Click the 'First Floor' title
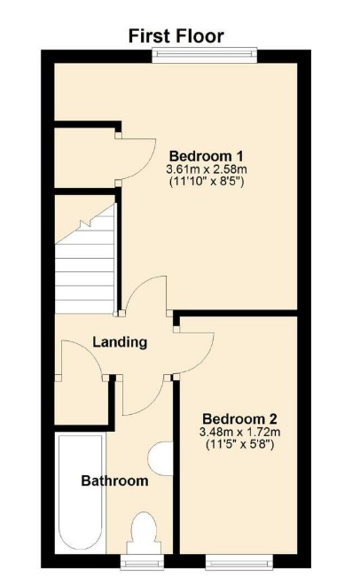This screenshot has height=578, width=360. pos(176,35)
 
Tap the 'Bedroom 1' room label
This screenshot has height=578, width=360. pos(205,152)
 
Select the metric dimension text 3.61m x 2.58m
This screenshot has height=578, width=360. pos(205,168)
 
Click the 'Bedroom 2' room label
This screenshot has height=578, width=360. pos(239,418)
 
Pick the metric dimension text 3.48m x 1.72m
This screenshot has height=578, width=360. pos(239,433)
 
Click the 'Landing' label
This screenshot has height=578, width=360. pos(120,342)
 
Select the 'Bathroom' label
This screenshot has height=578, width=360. pos(114,481)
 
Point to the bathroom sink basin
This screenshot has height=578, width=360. pos(161,460)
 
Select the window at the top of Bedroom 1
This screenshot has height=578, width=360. pos(205,54)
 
